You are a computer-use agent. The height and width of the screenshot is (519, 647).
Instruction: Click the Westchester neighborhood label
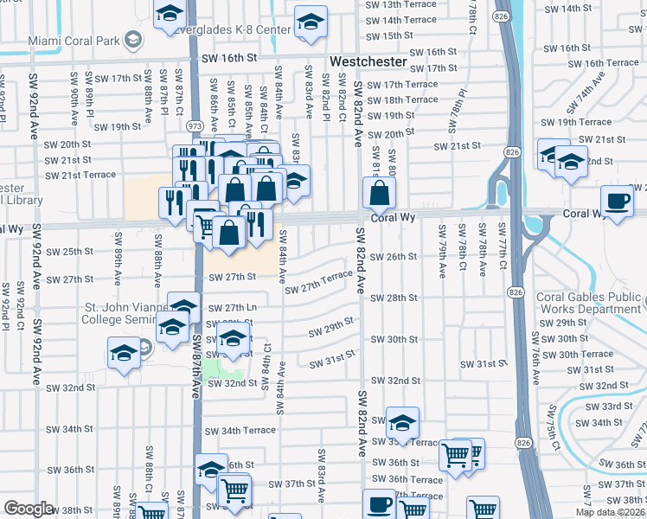[x=368, y=62]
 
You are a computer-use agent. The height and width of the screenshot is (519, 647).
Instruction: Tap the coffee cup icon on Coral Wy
[x=617, y=202]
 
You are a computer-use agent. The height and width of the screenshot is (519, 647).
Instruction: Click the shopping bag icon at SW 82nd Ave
[x=379, y=193]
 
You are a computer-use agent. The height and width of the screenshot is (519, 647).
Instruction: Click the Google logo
[x=29, y=509]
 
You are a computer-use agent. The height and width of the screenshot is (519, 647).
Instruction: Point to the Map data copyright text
[x=610, y=511]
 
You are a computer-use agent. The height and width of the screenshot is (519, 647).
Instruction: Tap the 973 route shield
[x=194, y=126]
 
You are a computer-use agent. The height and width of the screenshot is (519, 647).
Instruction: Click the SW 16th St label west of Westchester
[x=229, y=57]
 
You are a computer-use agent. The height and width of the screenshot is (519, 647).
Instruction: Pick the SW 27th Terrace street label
[x=318, y=281]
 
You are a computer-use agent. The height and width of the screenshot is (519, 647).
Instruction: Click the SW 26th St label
[x=394, y=257]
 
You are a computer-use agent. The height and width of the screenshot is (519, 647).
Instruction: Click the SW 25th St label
[x=69, y=252]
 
